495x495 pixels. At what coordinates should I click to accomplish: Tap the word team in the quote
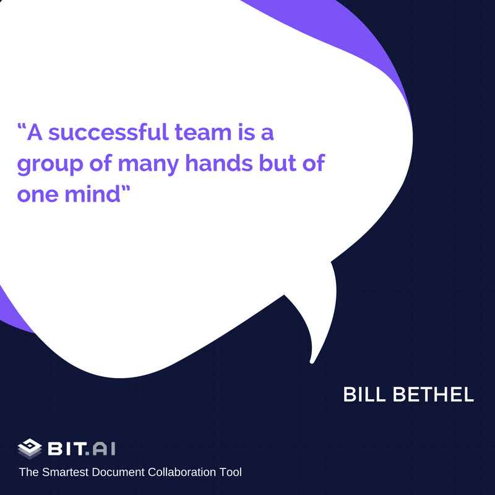click(204, 132)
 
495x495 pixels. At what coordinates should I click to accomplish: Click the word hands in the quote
click(219, 163)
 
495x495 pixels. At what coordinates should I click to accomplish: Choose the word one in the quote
click(38, 194)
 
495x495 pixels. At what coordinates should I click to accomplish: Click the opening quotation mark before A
click(22, 127)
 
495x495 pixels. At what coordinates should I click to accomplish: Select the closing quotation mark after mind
click(126, 189)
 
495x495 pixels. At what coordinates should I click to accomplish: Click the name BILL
click(364, 395)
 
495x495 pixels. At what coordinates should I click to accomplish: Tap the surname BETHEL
click(434, 395)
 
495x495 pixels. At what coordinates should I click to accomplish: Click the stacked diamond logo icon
click(30, 448)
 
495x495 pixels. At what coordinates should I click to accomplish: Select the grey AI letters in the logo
click(104, 448)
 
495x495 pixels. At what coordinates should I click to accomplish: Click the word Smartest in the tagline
click(66, 472)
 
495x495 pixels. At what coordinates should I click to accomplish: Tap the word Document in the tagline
click(118, 472)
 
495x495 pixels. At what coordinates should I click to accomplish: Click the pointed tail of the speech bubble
click(312, 361)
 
